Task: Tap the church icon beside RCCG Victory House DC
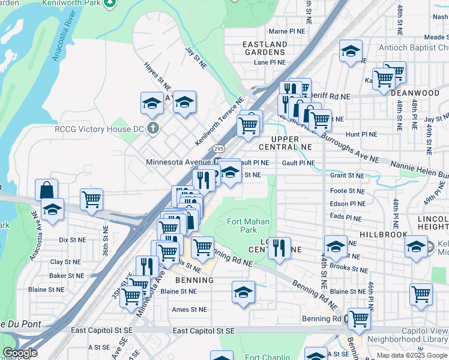153,128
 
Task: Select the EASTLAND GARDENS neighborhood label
265,48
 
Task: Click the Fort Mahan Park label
243,226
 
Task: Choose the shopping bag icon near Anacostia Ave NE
46,190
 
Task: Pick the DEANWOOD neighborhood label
415,93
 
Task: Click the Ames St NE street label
189,310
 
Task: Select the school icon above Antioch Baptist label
351,52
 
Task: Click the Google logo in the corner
20,353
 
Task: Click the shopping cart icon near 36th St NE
91,199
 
